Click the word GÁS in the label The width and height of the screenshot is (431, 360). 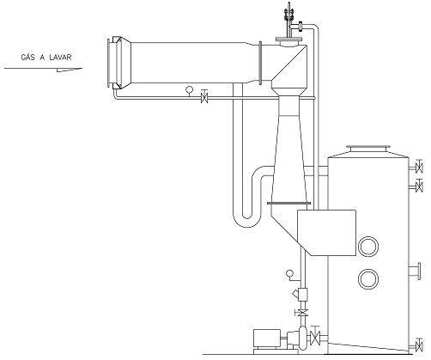tap(27, 58)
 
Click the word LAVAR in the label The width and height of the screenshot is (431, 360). tap(60, 58)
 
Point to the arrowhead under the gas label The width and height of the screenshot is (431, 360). tap(70, 70)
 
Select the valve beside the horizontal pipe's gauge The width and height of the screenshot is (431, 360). tap(204, 96)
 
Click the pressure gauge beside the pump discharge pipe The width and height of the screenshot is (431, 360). tap(290, 274)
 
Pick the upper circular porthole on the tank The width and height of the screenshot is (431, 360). tap(368, 247)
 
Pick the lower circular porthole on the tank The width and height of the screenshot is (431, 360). tap(368, 279)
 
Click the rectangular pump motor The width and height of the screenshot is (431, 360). tap(267, 339)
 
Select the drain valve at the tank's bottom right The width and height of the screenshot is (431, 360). tap(419, 345)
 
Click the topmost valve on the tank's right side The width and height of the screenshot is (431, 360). tap(419, 166)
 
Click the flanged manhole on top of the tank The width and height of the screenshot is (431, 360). tap(368, 149)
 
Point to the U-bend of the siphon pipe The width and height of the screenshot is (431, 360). tap(247, 221)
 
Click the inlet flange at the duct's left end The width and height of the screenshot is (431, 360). tap(109, 63)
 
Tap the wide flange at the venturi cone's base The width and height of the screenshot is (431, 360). tap(288, 204)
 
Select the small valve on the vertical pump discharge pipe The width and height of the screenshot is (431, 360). tap(301, 313)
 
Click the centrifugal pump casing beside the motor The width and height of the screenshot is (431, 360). tap(302, 338)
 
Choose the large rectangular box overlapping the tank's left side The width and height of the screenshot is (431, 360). tap(327, 233)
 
